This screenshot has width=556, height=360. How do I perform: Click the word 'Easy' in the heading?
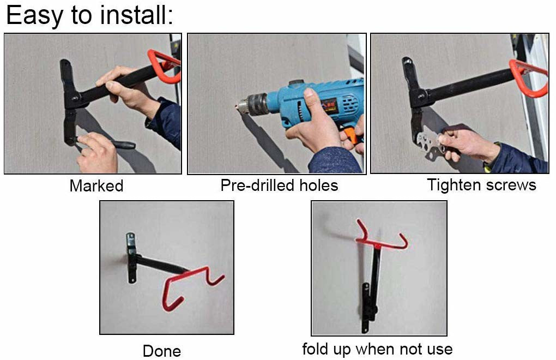34,16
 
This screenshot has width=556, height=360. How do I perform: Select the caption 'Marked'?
96,186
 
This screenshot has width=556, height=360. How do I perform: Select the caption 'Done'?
162,351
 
